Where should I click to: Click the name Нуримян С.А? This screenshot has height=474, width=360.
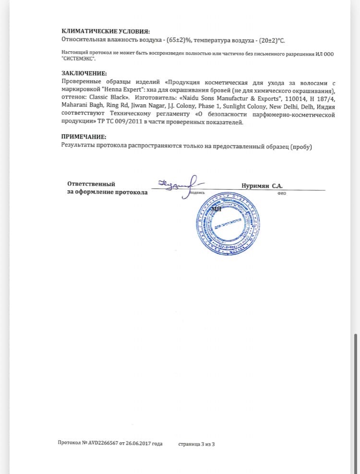pyautogui.click(x=262, y=185)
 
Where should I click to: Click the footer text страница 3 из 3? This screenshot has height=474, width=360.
pyautogui.click(x=196, y=443)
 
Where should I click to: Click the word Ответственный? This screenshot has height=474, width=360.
pyautogui.click(x=91, y=184)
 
